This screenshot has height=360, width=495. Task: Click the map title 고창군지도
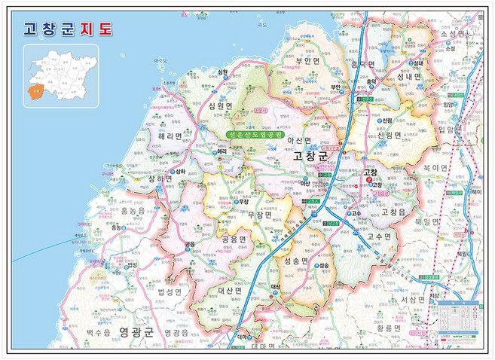tap(68, 29)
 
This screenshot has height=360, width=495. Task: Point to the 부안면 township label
tap(308, 61)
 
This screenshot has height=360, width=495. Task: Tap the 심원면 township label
tap(228, 107)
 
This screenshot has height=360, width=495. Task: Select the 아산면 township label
tap(299, 141)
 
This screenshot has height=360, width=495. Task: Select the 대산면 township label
tap(229, 289)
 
